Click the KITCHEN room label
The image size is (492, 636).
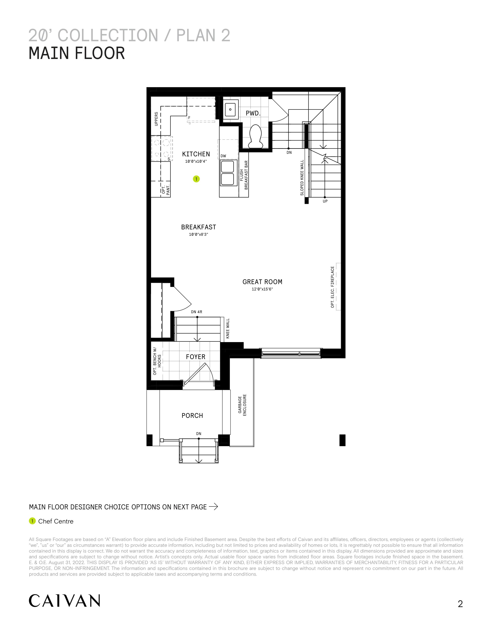(x=196, y=154)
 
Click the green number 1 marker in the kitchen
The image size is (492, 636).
(x=196, y=179)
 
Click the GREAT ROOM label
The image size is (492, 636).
(x=262, y=282)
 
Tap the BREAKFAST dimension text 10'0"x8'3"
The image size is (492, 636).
(x=199, y=234)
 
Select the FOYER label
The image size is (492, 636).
(x=196, y=357)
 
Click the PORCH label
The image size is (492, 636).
(x=192, y=416)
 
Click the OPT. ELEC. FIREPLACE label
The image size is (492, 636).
(x=333, y=287)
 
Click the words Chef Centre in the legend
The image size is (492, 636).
(x=56, y=521)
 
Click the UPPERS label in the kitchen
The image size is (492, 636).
(x=156, y=119)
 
